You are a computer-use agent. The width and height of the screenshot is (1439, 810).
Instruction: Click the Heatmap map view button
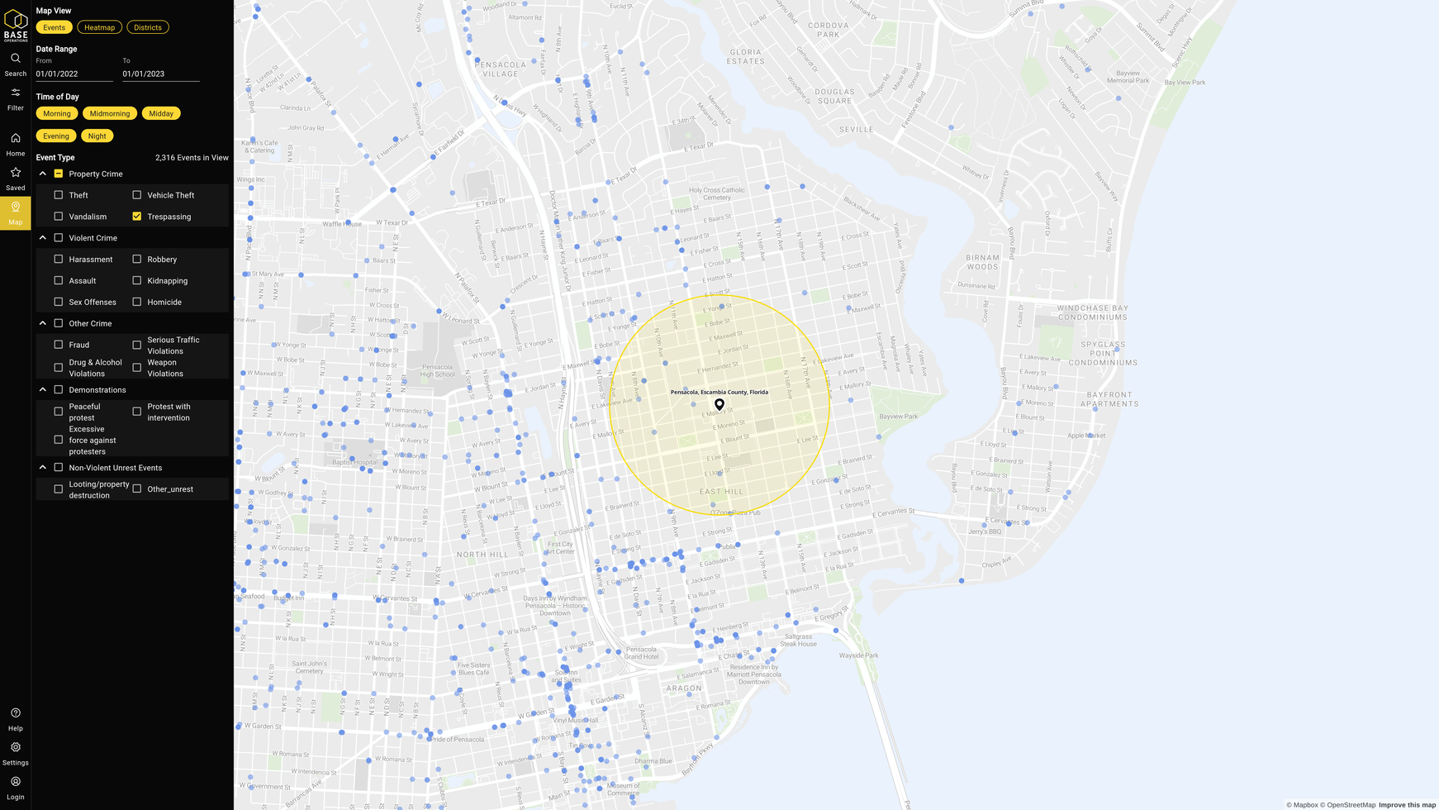point(99,27)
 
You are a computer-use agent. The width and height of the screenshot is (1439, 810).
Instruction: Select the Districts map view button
point(148,27)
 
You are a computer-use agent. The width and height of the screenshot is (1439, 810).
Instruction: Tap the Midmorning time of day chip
point(110,113)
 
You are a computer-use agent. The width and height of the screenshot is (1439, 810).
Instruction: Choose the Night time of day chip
point(97,136)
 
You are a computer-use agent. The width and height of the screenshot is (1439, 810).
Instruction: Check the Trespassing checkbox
point(137,217)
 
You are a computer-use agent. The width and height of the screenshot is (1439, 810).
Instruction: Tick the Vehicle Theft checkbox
point(137,195)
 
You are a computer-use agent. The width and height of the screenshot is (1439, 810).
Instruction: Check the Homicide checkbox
point(137,302)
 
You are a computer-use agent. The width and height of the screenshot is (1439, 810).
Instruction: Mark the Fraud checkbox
point(59,345)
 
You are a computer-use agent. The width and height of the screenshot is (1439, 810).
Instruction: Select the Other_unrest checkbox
point(137,489)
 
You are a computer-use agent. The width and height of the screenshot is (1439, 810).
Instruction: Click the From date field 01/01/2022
point(74,74)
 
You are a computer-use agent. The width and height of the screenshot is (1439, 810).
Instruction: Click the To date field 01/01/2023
point(160,74)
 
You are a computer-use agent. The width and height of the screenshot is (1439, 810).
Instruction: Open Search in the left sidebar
point(16,64)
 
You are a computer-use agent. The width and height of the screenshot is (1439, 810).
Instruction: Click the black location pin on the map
point(719,404)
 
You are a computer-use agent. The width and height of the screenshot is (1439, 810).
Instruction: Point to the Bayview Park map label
point(898,417)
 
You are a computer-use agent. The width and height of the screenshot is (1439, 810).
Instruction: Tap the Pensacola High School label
point(438,371)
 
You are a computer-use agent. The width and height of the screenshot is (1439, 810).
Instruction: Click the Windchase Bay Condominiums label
point(1092,312)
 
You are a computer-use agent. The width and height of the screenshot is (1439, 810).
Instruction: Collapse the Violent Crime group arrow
point(43,238)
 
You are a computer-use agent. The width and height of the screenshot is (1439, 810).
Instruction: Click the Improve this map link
point(1407,805)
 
